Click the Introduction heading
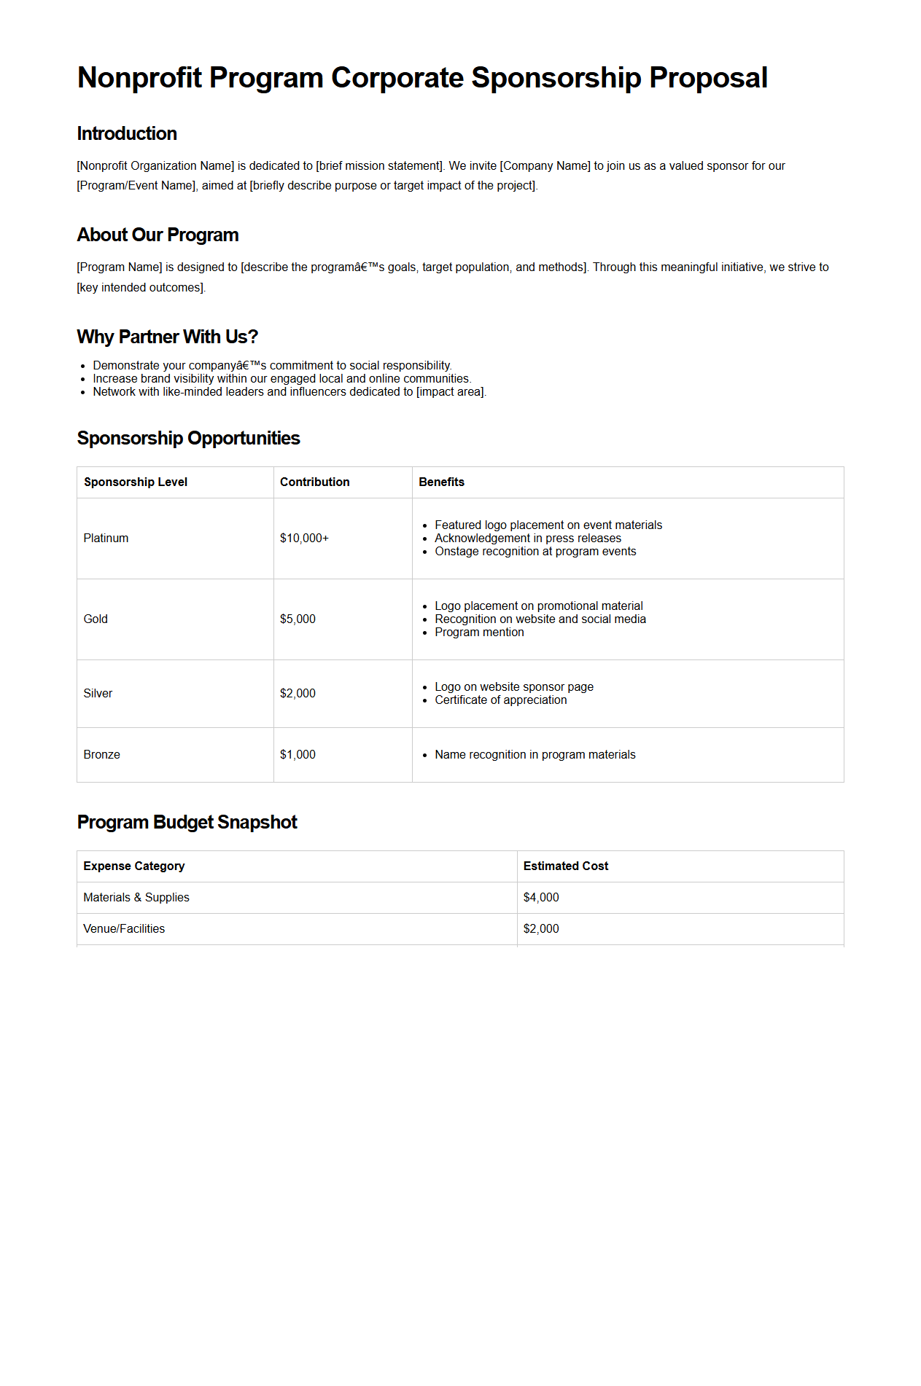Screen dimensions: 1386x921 (127, 134)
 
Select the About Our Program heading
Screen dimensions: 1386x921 (158, 235)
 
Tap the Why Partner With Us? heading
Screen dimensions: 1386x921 (167, 337)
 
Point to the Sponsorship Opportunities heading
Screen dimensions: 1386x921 (188, 438)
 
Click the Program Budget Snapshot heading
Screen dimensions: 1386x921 (187, 822)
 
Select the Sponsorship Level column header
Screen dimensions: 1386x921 (136, 482)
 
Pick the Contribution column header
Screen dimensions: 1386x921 (314, 482)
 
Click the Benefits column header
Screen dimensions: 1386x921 (441, 482)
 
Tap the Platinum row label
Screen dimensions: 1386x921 (106, 539)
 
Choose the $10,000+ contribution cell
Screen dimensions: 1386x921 (304, 539)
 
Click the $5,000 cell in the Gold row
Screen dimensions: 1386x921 (298, 619)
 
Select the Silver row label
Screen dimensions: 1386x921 (98, 694)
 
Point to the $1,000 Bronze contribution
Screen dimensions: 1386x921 (298, 755)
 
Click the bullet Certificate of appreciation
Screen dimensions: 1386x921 (500, 700)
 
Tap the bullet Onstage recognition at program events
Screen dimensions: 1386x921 (535, 552)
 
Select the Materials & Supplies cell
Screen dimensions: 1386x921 (136, 898)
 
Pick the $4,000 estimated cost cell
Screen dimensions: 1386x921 (541, 898)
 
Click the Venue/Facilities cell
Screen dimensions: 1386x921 (124, 929)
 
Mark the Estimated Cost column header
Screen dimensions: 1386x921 (565, 866)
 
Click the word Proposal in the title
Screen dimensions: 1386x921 (708, 78)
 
